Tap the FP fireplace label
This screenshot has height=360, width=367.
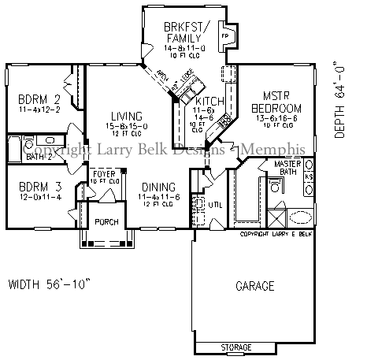click(224, 36)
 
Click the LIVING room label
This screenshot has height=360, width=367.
click(127, 115)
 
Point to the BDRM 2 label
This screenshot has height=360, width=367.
click(39, 99)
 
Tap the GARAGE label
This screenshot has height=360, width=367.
click(254, 285)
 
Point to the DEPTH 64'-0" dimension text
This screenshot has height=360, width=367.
click(340, 98)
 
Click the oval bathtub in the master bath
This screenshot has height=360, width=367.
click(301, 218)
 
